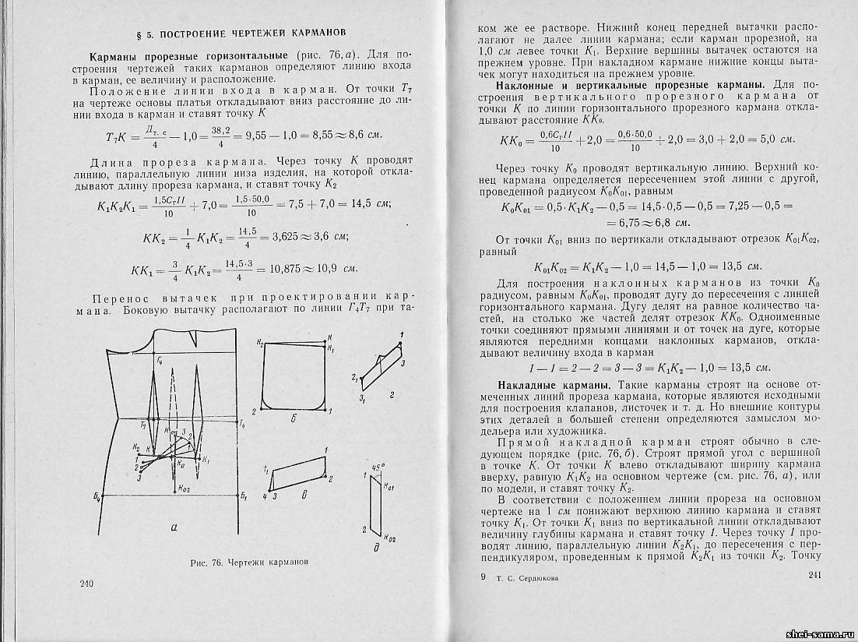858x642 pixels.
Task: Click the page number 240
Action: point(86,583)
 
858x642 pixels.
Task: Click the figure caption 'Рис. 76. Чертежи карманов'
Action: point(243,561)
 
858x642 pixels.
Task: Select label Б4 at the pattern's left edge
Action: point(107,496)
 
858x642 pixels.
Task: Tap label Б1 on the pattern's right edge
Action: point(244,496)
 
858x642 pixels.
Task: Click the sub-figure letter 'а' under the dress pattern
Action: point(173,527)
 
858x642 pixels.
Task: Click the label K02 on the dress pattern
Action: point(181,489)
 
